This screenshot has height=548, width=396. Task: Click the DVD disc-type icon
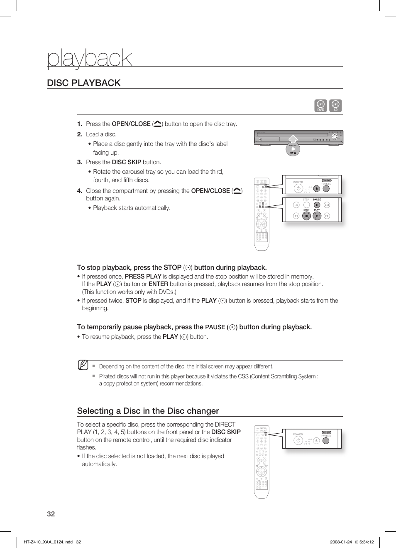coord(320,106)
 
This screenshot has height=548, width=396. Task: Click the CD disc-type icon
coord(335,106)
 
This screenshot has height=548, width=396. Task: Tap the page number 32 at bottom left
coord(51,514)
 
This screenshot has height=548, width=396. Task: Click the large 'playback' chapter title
coord(90,58)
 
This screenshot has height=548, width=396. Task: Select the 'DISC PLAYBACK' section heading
coord(84,83)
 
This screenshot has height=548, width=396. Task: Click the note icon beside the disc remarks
coord(83,365)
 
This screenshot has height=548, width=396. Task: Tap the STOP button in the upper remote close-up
coord(306,216)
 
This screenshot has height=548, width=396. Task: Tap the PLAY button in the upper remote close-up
coord(317,216)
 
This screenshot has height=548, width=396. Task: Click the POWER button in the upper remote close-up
coord(298,188)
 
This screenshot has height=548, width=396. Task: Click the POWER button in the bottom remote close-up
coord(298,440)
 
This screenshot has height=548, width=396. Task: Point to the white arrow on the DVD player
coord(293,138)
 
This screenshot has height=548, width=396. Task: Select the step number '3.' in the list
coord(80,162)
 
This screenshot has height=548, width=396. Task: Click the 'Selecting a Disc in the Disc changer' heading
coord(148,411)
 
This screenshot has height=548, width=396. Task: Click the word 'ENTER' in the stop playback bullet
coord(158,284)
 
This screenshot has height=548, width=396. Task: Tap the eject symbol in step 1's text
coord(158,124)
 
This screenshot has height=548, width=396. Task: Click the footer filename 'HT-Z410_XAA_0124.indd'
coord(48,542)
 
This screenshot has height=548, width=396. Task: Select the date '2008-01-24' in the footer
coord(341,542)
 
